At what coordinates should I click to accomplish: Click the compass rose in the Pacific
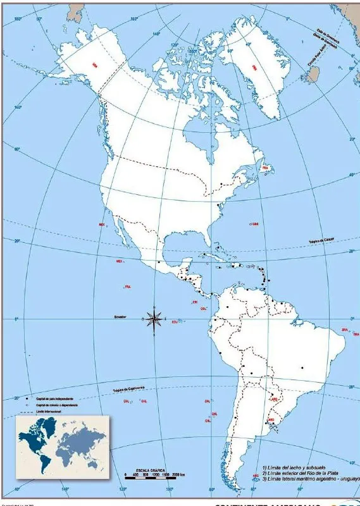click(154, 320)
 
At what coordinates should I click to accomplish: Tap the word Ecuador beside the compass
click(120, 317)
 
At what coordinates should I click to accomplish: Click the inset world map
click(62, 445)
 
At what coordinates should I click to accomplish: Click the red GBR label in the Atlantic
click(255, 224)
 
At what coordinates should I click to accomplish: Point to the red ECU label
click(175, 322)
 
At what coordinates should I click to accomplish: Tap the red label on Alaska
click(94, 65)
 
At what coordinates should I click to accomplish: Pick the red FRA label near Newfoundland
click(266, 168)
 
